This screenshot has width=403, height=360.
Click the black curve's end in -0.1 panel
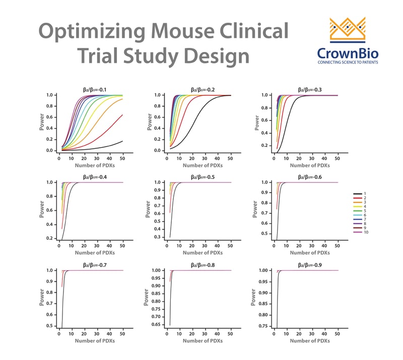coord(122,141)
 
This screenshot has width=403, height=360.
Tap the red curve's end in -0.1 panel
coord(122,115)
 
